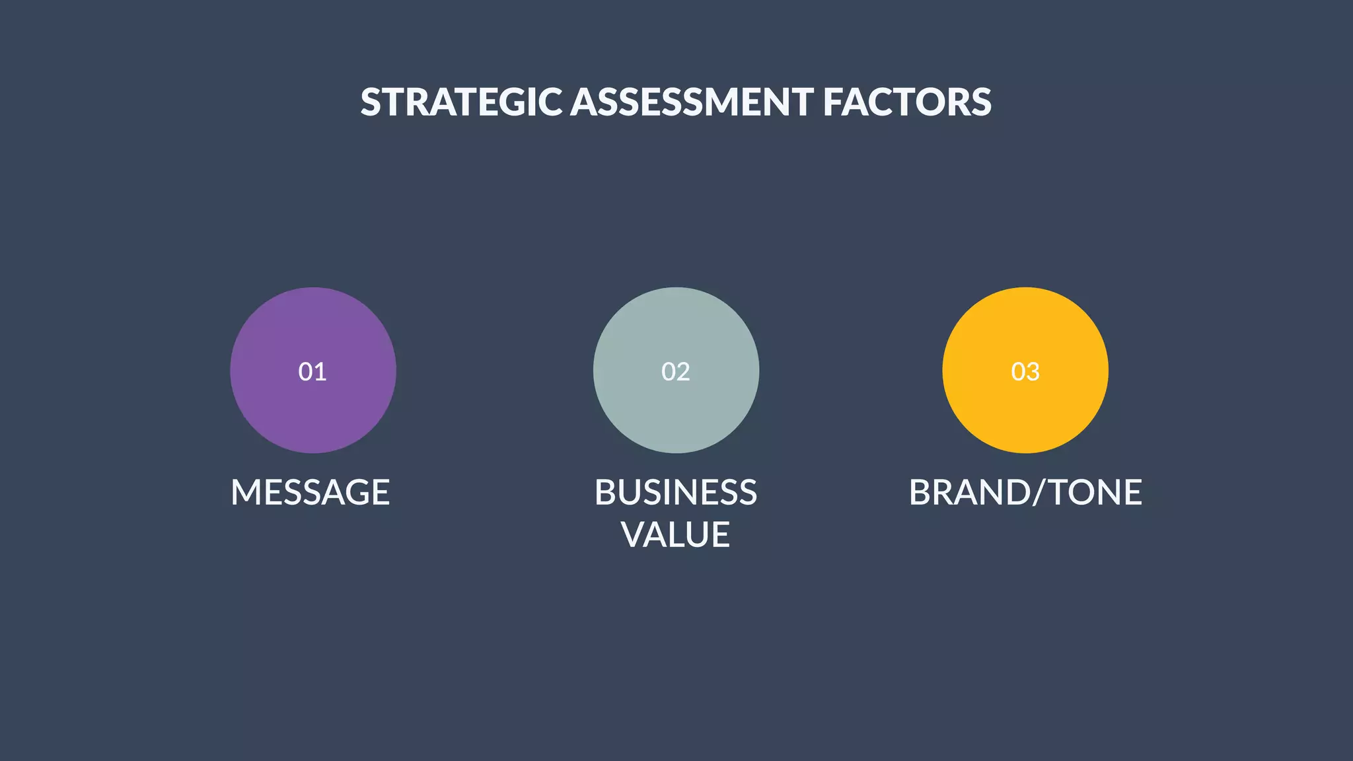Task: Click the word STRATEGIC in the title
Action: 461,102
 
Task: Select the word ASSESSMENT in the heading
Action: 692,102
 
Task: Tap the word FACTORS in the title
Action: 907,102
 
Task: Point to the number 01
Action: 312,372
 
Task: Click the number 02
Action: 676,372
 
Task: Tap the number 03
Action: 1025,372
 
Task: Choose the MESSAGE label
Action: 311,493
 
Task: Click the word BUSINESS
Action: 676,493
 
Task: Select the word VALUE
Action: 676,534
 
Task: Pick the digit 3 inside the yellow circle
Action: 1033,372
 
